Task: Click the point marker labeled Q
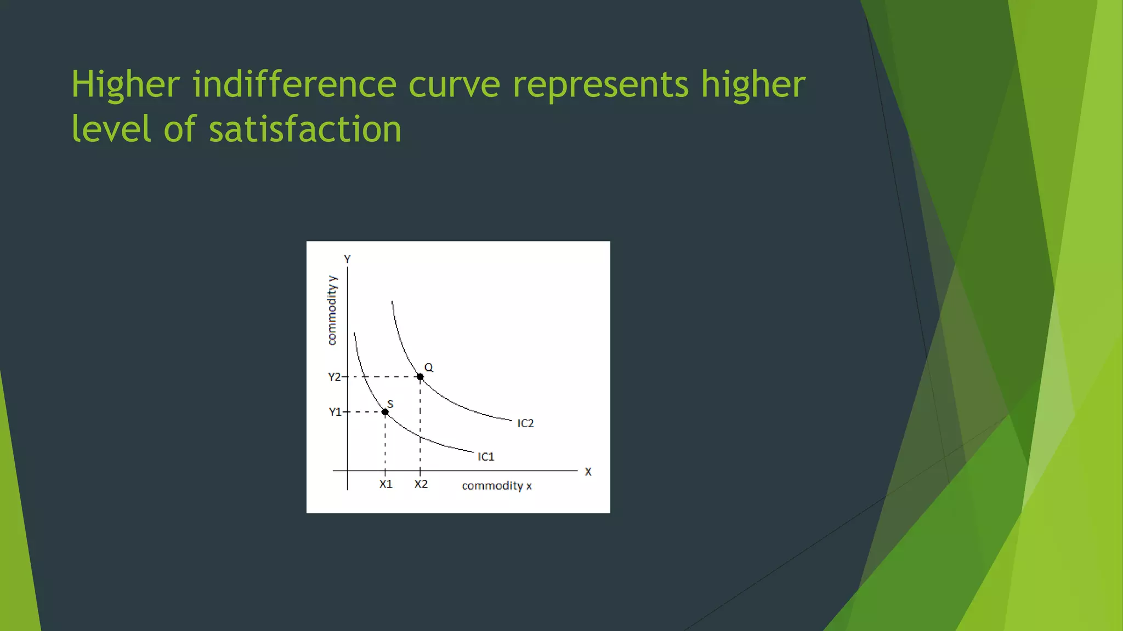420,377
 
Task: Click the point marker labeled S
385,412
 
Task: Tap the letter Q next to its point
429,368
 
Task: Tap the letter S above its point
390,404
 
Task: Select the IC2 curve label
525,423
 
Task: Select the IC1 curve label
486,457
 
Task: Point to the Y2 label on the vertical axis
334,377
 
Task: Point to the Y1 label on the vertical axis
335,412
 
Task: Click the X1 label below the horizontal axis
386,484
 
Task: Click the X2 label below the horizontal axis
421,484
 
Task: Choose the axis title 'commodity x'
497,486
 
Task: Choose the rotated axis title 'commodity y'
332,311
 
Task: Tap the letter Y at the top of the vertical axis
347,259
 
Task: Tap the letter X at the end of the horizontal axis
588,472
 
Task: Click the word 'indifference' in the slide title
294,84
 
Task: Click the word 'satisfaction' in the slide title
305,129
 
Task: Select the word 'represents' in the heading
600,85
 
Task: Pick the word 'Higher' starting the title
126,84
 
